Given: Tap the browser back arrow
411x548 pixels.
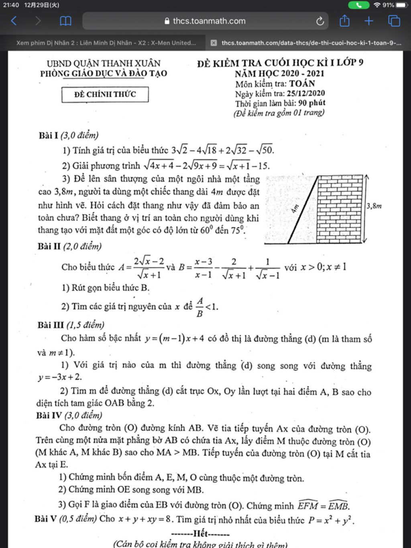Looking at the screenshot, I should tap(14, 21).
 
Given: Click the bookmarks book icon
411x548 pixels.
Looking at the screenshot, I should tap(65, 21).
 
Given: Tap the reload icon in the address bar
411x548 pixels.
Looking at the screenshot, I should tap(320, 21).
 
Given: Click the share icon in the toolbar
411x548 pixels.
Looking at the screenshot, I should tap(344, 21).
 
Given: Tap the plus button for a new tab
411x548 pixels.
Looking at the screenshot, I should tap(369, 21).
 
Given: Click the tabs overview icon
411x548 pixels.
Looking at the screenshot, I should tap(394, 21).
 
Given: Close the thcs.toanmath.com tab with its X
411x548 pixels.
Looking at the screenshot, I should tap(214, 43).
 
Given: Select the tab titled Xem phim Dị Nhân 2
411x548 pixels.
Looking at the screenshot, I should tap(106, 43).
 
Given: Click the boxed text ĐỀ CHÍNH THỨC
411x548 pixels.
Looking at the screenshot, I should tap(105, 94).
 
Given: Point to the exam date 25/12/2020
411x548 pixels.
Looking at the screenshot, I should tap(306, 94).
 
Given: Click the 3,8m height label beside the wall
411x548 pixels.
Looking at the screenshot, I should tap(374, 206).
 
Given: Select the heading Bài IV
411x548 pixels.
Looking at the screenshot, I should tap(49, 415).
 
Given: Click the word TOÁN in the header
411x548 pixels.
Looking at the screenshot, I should tap(302, 84).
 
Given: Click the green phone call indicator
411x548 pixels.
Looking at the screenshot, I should tap(358, 5).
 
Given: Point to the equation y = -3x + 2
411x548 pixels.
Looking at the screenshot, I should tap(60, 377).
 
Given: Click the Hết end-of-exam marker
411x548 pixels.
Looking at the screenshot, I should tap(200, 534).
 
